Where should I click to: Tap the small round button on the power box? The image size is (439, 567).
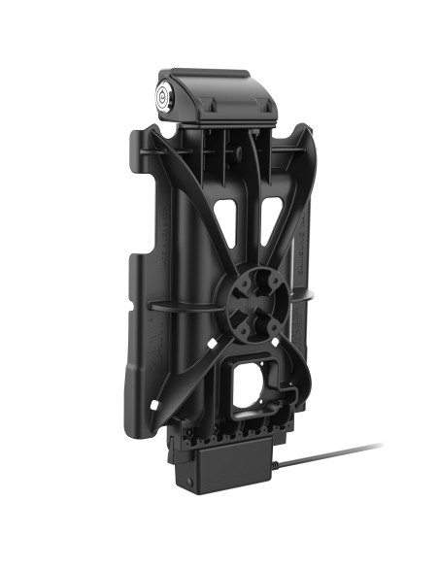(x=186, y=479)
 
